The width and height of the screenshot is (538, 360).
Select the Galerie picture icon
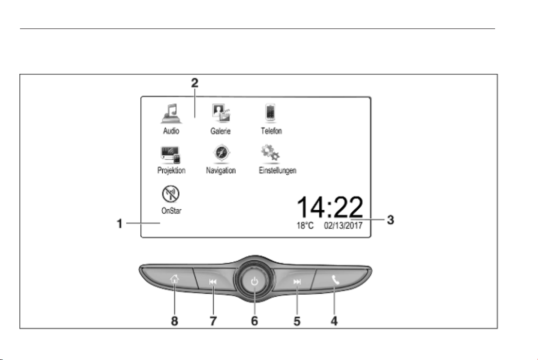(x=221, y=113)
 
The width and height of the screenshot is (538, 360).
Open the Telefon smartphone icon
(x=270, y=113)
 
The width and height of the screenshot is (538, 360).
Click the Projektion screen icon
(x=171, y=155)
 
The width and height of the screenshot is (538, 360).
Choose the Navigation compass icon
(x=221, y=153)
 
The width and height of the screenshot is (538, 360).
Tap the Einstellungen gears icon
(x=270, y=153)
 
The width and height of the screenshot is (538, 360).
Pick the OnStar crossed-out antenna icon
(x=171, y=194)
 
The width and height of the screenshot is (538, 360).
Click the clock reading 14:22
(x=329, y=207)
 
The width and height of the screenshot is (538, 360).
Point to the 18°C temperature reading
(x=305, y=226)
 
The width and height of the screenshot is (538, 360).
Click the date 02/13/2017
(x=343, y=226)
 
